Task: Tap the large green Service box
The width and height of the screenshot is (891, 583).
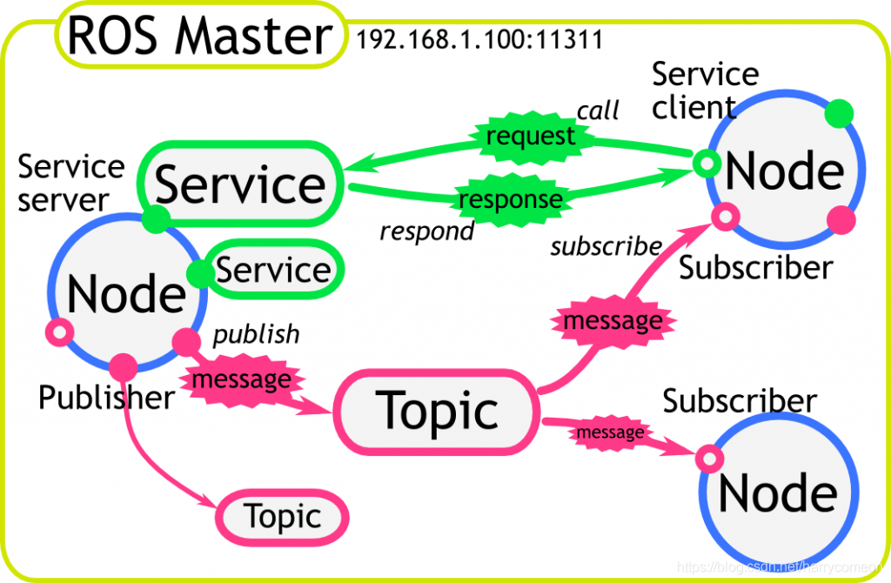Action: pyautogui.click(x=240, y=185)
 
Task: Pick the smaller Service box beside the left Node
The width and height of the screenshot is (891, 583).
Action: pyautogui.click(x=273, y=271)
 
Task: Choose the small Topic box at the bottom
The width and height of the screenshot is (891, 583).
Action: pyautogui.click(x=282, y=516)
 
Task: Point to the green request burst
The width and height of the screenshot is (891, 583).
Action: pyautogui.click(x=530, y=137)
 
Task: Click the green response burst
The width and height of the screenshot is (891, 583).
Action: pyautogui.click(x=510, y=199)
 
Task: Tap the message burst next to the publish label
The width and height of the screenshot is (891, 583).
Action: pyautogui.click(x=241, y=380)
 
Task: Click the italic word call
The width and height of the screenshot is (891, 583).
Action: pyautogui.click(x=598, y=111)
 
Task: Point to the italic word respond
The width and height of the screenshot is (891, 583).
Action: pyautogui.click(x=427, y=231)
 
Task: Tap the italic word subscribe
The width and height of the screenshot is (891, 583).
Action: pyautogui.click(x=606, y=246)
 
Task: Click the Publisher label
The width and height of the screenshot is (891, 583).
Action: pyautogui.click(x=106, y=398)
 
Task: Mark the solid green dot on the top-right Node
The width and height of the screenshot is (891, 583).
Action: pyautogui.click(x=839, y=112)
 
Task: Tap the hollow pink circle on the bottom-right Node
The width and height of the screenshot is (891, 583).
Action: pyautogui.click(x=709, y=459)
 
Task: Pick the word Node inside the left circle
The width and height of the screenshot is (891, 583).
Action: pyautogui.click(x=126, y=293)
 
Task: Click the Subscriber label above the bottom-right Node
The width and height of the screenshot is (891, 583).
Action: pyautogui.click(x=739, y=401)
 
